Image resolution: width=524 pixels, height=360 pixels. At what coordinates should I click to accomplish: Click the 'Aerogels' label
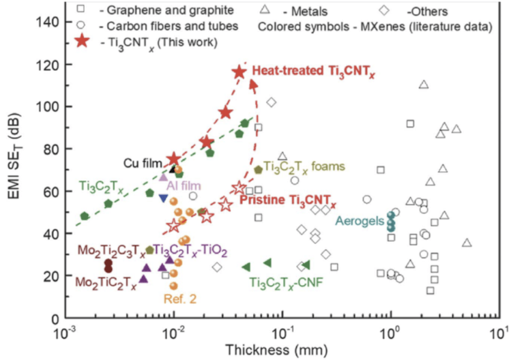click(x=360, y=220)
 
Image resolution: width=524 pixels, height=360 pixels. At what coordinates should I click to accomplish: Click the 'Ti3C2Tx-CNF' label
click(x=285, y=282)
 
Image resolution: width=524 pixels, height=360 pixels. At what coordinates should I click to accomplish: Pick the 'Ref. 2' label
click(x=179, y=297)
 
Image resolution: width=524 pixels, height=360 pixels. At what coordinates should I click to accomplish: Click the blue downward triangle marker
click(x=163, y=198)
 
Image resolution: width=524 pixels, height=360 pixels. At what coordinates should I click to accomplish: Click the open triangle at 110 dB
click(x=423, y=85)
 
